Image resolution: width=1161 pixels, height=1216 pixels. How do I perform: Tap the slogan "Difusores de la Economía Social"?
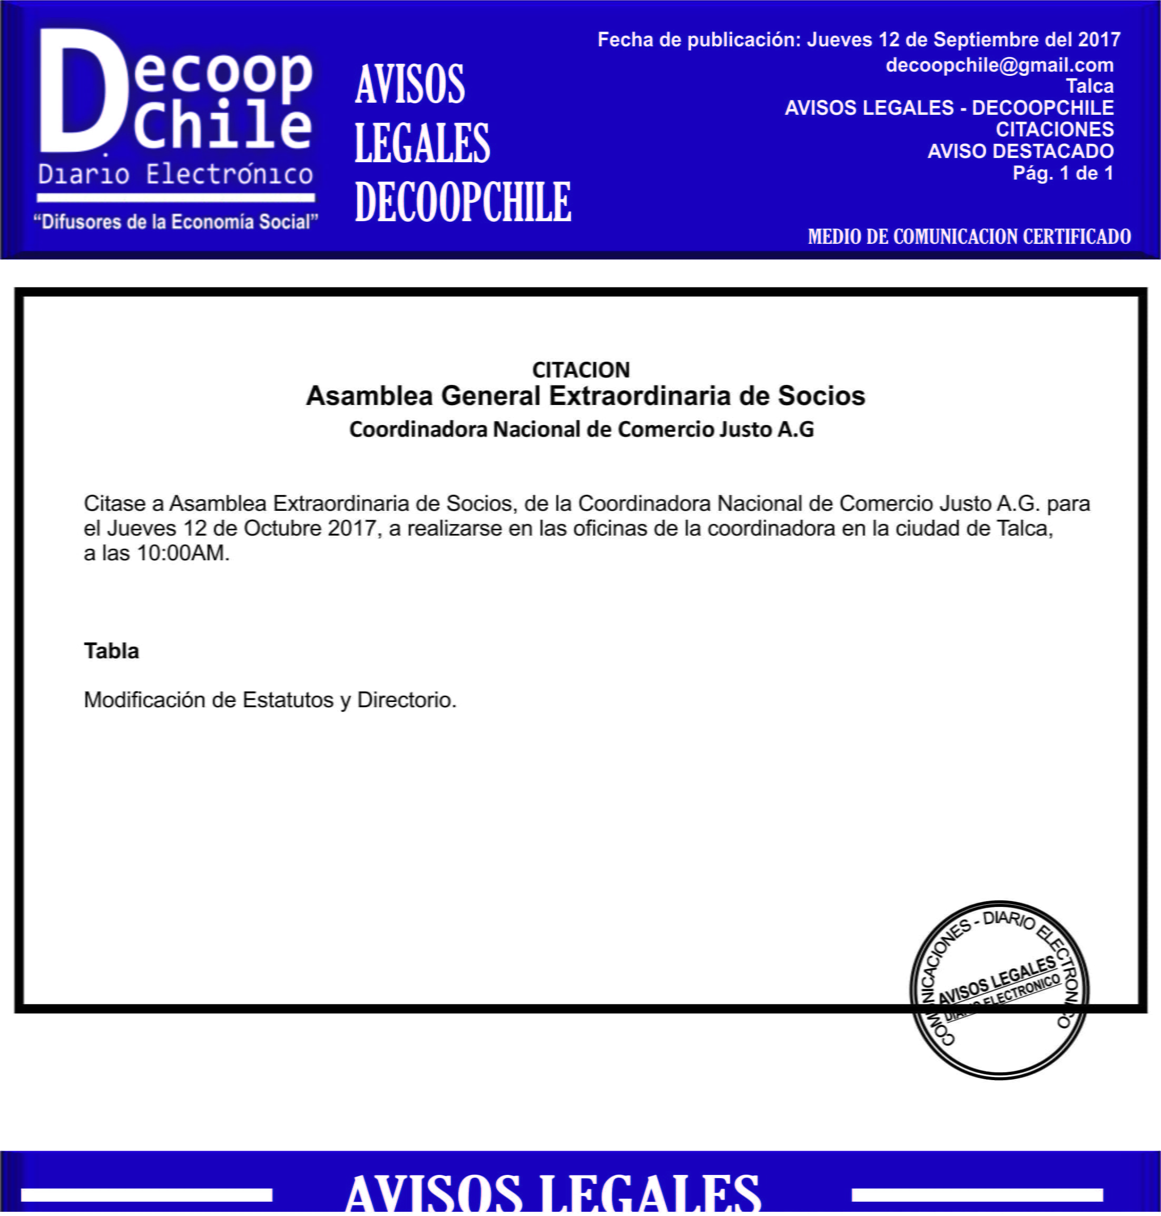[x=176, y=222]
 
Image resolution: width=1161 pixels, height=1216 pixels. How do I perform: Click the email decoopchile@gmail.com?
[x=999, y=65]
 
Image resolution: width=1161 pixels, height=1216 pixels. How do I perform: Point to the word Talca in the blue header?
[x=1089, y=86]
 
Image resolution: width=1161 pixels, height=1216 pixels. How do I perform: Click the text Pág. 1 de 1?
[x=1062, y=173]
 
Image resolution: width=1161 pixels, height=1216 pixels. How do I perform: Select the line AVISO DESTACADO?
[x=1020, y=151]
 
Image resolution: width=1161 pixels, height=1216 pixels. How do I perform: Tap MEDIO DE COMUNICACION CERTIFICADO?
[x=969, y=236]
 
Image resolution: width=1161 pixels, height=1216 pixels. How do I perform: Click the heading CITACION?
[x=580, y=370]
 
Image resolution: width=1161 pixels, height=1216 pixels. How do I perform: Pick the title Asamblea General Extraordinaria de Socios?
[x=585, y=396]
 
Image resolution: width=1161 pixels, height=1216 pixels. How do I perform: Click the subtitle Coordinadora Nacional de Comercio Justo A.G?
[x=581, y=429]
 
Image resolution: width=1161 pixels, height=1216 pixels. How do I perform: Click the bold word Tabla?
[x=111, y=651]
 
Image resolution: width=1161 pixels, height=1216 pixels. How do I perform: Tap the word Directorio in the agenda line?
[x=406, y=700]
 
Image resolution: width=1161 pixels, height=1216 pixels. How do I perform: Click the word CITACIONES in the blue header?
[x=1054, y=130]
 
